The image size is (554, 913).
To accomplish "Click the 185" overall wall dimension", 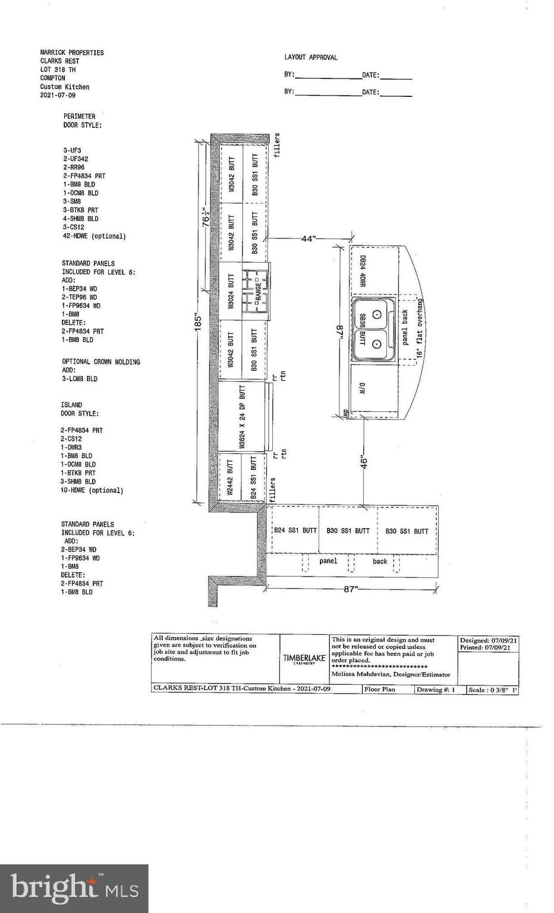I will pyautogui.click(x=199, y=322).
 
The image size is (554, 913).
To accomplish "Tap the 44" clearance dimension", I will pyautogui.click(x=308, y=238).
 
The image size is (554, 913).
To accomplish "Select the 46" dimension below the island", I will pyautogui.click(x=364, y=462).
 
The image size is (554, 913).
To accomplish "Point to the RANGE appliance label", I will pyautogui.click(x=259, y=291).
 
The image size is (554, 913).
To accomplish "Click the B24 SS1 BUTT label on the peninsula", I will pyautogui.click(x=295, y=531).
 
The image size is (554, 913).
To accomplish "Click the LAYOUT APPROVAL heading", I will pyautogui.click(x=310, y=58).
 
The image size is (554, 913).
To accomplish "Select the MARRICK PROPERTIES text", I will pyautogui.click(x=72, y=53).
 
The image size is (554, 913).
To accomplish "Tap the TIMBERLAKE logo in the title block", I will pyautogui.click(x=304, y=659).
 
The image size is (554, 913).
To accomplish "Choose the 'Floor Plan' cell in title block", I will pyautogui.click(x=380, y=690).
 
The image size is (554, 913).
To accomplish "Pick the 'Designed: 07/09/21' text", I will pyautogui.click(x=488, y=640).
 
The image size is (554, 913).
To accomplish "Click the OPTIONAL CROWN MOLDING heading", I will pyautogui.click(x=101, y=361).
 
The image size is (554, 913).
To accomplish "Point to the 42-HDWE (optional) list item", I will pyautogui.click(x=95, y=236).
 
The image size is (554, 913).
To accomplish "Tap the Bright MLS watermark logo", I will pyautogui.click(x=74, y=888).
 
